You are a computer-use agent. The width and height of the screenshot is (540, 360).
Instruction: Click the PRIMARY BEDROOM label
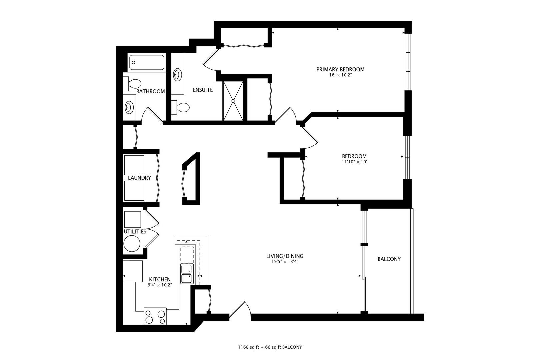click(x=340, y=69)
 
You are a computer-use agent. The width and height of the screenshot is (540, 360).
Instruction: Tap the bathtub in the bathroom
click(x=147, y=62)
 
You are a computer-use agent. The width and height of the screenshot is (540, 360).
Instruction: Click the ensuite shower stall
click(x=233, y=100)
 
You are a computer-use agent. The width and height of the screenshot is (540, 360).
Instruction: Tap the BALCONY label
click(x=389, y=259)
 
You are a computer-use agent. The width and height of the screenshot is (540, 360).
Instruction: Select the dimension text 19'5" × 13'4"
click(x=284, y=262)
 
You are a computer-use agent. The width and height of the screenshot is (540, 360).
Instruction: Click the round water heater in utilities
click(x=132, y=243)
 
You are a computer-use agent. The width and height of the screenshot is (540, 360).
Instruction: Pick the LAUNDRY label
click(x=139, y=178)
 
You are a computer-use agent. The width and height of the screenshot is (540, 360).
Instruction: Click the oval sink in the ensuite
click(x=177, y=74)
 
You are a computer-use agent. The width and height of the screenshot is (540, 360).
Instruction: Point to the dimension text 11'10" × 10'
click(x=354, y=162)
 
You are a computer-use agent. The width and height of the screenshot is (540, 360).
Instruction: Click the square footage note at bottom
click(x=270, y=347)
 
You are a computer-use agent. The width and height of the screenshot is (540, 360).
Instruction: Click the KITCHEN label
click(x=160, y=279)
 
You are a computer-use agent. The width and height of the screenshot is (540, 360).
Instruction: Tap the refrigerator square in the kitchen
click(x=133, y=271)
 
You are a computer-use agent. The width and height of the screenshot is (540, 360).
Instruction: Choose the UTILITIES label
click(x=135, y=231)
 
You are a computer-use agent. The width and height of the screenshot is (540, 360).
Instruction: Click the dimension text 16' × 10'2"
click(x=340, y=75)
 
